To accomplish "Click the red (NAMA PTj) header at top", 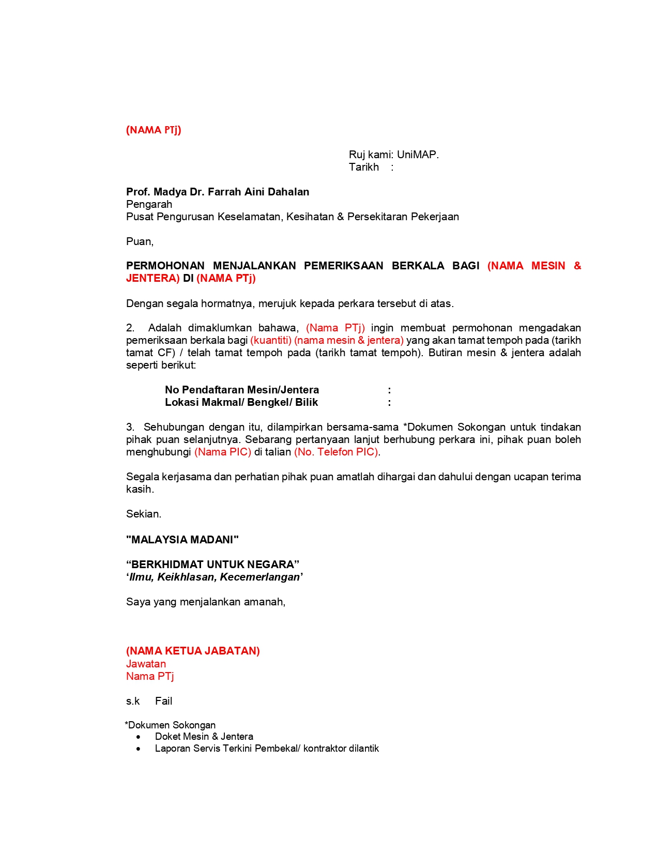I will pyautogui.click(x=154, y=130).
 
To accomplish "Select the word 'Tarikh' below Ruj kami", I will pyautogui.click(x=364, y=167).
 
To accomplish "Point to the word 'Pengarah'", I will pyautogui.click(x=149, y=204).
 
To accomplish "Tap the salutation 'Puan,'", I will pyautogui.click(x=140, y=241).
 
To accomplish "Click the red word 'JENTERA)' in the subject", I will pyautogui.click(x=153, y=278).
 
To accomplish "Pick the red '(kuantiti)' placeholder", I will pyautogui.click(x=271, y=340).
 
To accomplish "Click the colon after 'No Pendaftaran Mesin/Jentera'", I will pyautogui.click(x=389, y=390).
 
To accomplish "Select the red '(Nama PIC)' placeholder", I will pyautogui.click(x=223, y=452).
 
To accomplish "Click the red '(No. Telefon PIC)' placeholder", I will pyautogui.click(x=336, y=452).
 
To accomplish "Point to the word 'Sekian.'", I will pyautogui.click(x=144, y=514).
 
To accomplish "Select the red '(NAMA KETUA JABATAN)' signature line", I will pyautogui.click(x=193, y=651).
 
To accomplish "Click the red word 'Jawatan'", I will pyautogui.click(x=146, y=664).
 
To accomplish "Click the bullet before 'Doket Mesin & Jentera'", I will pyautogui.click(x=138, y=737).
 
